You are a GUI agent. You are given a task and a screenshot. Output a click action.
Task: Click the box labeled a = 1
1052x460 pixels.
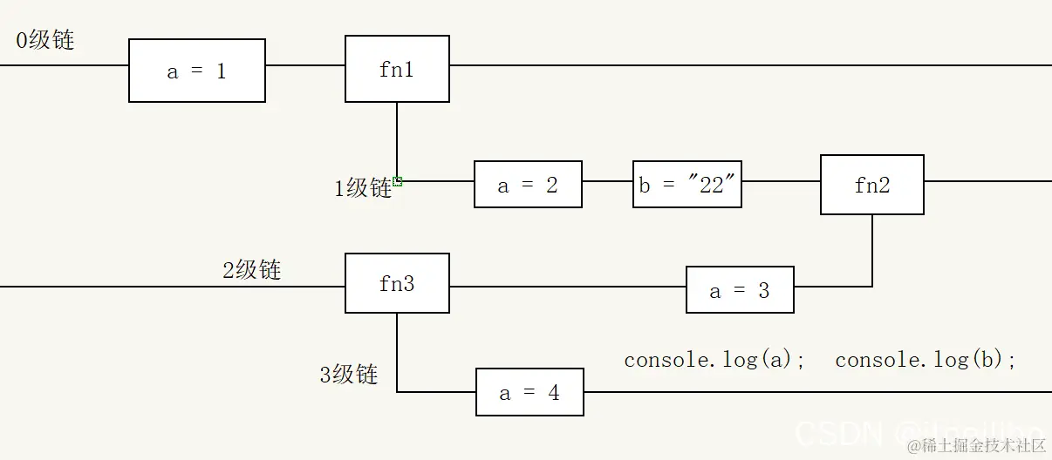coord(197,71)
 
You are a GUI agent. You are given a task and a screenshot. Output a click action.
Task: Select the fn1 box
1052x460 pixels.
coord(397,69)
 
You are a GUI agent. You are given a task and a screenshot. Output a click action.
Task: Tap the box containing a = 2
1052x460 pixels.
coord(528,184)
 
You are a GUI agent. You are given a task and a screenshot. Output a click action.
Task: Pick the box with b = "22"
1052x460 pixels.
coord(687,184)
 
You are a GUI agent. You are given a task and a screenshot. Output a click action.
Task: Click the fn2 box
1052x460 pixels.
coord(871,185)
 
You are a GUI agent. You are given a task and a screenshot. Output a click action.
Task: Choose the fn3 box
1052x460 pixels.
coord(397,283)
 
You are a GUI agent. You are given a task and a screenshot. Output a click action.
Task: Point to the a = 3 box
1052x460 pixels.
coord(740,290)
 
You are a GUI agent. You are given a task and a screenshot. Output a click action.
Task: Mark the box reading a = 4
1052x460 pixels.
coord(529,392)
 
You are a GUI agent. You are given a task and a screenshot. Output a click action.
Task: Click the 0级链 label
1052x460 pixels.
coord(45,39)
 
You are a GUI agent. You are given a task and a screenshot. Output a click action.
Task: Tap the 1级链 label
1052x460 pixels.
coord(363,187)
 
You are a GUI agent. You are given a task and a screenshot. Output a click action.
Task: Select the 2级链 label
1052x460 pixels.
coord(251,269)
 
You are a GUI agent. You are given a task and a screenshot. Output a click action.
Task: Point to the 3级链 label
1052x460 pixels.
coord(349,375)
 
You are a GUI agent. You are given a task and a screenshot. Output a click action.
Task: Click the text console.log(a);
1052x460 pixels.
coord(714,359)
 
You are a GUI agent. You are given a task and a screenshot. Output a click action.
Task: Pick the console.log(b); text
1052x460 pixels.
coord(926,359)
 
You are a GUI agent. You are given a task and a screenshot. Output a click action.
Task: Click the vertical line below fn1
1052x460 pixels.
coord(397,139)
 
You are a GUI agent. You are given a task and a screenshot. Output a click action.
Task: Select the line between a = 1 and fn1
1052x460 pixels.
coord(305,65)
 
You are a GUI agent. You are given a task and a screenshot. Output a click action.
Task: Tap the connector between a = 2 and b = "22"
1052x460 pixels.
coord(607,181)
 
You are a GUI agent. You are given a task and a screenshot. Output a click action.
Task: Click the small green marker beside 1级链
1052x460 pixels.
coord(398,181)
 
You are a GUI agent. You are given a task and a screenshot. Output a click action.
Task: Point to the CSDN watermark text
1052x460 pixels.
coord(839,431)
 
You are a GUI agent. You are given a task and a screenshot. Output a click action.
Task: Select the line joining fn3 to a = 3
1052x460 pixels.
coord(567,287)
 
